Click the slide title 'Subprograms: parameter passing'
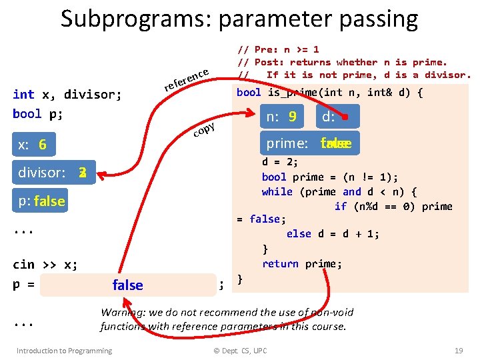[239, 19]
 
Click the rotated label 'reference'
[188, 79]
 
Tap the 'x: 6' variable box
[33, 145]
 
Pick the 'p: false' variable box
[41, 201]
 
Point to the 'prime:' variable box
[309, 143]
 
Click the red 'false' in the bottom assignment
[127, 285]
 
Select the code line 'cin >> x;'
[45, 264]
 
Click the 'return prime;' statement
[302, 264]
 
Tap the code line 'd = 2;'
[280, 162]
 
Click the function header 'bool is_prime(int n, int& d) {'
[329, 92]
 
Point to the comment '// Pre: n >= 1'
[279, 49]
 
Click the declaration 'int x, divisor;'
[67, 94]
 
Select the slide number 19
[458, 350]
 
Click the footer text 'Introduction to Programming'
[64, 350]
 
